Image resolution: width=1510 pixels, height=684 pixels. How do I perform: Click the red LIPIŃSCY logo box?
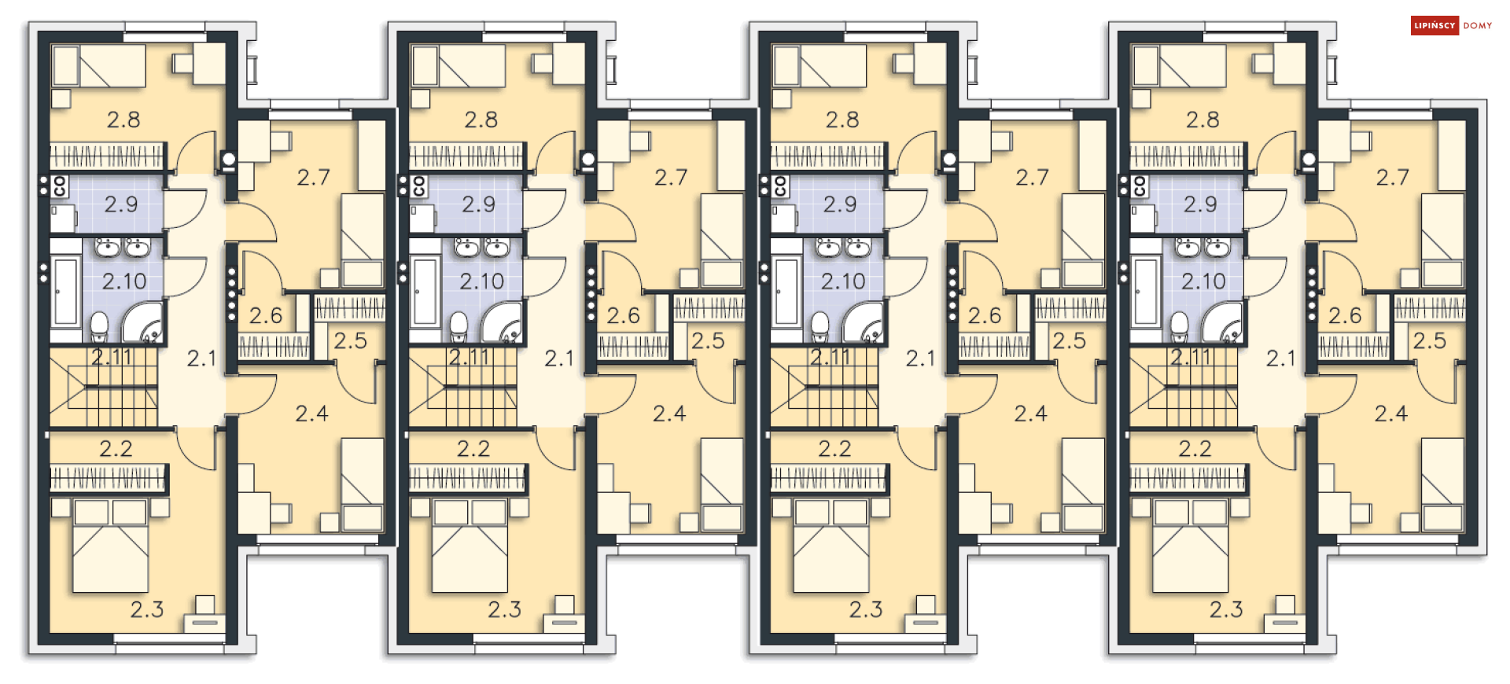pos(1434,26)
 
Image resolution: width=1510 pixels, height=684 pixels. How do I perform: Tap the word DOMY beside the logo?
pos(1478,26)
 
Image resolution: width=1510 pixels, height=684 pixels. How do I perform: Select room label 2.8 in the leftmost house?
pos(123,120)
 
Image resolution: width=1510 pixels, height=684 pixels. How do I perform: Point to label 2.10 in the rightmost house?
pos(1203,281)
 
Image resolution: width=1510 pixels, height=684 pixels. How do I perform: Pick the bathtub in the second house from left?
pos(425,291)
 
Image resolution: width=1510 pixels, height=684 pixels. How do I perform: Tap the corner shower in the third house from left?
pos(863,322)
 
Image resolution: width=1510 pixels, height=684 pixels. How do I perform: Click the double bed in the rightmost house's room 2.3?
pos(1190,546)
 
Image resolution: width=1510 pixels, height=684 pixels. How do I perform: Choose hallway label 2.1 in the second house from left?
pos(559,359)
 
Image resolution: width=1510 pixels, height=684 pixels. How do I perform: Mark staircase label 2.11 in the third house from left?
pos(830,357)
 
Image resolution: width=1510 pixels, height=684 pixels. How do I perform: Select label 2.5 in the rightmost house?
pos(1429,340)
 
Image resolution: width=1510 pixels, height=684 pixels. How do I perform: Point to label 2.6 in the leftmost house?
pos(266,315)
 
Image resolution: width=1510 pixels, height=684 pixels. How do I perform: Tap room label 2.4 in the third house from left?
pos(1030,414)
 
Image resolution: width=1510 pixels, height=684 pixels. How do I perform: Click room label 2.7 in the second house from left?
pos(671,177)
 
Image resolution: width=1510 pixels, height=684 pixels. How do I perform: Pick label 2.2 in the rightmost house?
pos(1195,449)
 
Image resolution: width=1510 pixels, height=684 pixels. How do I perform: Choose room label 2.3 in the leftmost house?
pos(147,609)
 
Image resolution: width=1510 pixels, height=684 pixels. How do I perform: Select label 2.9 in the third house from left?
pos(840,204)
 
